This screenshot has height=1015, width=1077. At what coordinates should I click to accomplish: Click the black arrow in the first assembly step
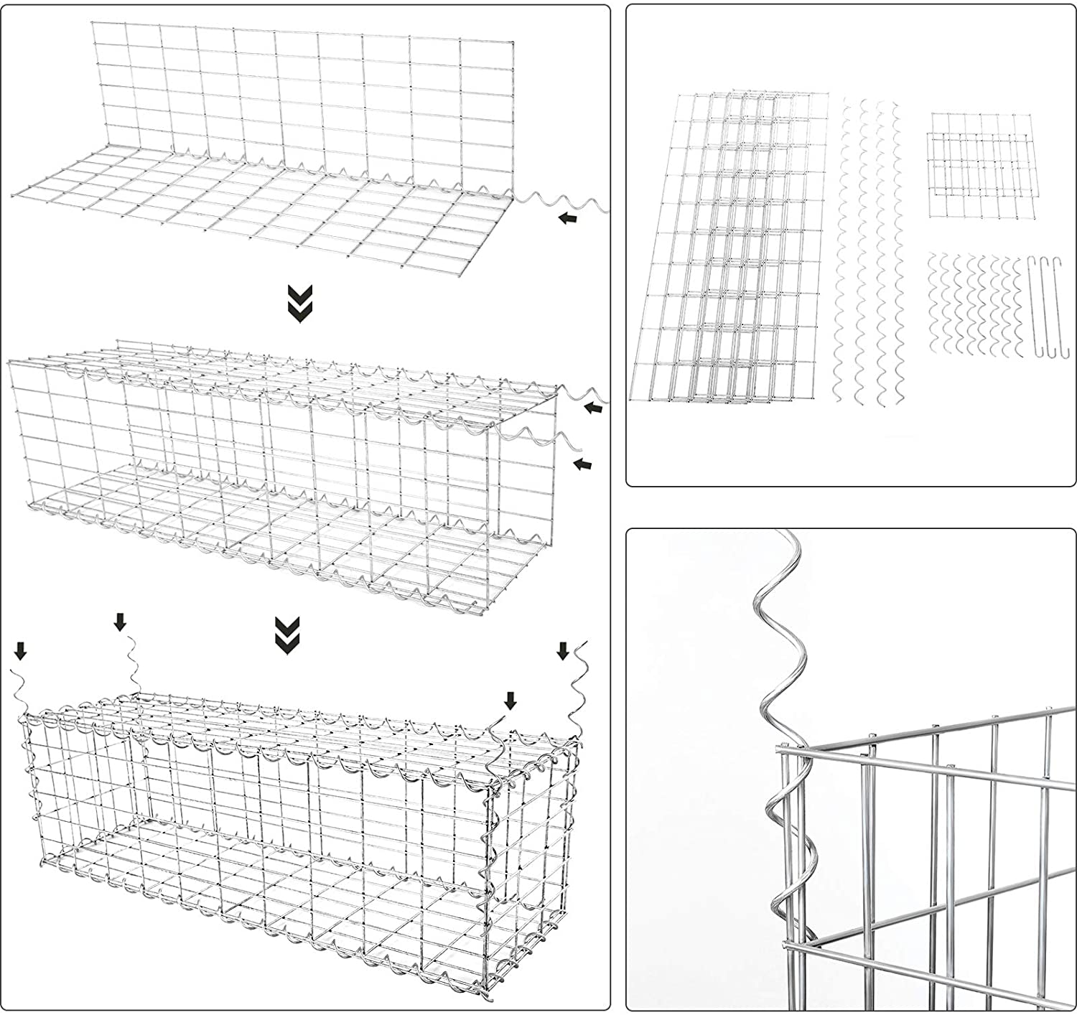coord(567,218)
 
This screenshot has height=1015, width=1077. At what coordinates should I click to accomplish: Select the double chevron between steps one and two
coord(299,303)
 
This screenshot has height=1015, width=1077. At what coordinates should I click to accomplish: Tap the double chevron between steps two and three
coord(287,635)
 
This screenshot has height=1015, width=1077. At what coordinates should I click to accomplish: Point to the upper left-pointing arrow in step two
coord(592,408)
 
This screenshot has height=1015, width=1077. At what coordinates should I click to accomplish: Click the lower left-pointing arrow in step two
coord(583,464)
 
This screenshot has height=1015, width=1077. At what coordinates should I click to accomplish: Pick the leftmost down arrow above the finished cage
coord(21,651)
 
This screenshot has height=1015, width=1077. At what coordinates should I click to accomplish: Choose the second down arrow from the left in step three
coord(120,622)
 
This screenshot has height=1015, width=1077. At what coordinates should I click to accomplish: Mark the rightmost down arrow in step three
coord(563,651)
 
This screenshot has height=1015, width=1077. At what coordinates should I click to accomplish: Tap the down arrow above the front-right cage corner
coord(510,701)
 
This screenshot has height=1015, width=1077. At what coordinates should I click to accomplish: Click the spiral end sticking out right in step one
coord(567,201)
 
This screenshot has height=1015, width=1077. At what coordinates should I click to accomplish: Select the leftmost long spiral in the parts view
coord(844,248)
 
